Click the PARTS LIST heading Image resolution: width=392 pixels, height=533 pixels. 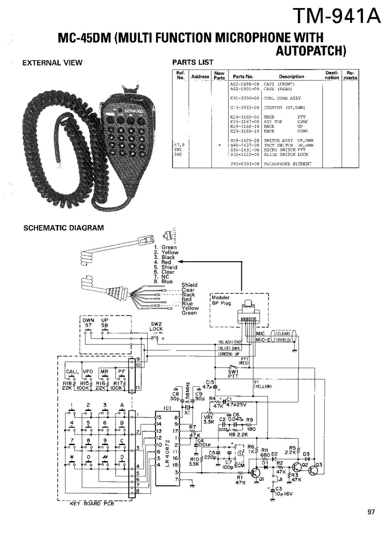click(x=193, y=62)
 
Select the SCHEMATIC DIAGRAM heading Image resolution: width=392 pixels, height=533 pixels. click(x=63, y=228)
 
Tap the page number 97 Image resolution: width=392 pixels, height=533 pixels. click(x=371, y=512)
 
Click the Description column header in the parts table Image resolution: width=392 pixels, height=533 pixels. click(x=291, y=77)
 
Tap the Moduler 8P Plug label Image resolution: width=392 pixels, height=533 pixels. click(x=221, y=299)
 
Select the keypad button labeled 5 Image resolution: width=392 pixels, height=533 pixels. click(x=88, y=423)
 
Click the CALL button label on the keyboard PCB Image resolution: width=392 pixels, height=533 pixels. click(x=72, y=371)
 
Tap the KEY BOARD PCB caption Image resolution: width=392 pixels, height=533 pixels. click(x=92, y=504)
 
